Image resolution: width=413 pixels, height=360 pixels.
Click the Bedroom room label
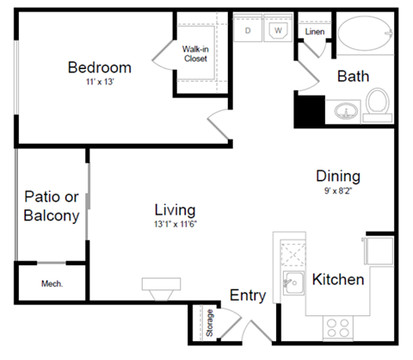coord(100,68)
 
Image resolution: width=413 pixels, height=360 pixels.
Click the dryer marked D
coord(249,30)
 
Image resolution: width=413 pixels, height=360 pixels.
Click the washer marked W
coord(278,30)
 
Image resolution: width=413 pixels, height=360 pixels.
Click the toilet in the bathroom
coord(377,104)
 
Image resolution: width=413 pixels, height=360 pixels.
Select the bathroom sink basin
coord(344,111)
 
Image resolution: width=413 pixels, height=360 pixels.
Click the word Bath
coord(353,77)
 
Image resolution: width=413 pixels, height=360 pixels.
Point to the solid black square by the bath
coord(309,109)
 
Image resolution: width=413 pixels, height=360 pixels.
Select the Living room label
coord(175,210)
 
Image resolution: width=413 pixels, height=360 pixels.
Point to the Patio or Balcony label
coord(52,205)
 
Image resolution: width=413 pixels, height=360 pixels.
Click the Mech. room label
coord(52,283)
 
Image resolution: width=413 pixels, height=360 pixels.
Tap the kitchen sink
coord(294,280)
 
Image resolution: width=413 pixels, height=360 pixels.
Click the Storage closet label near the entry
coord(209,323)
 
